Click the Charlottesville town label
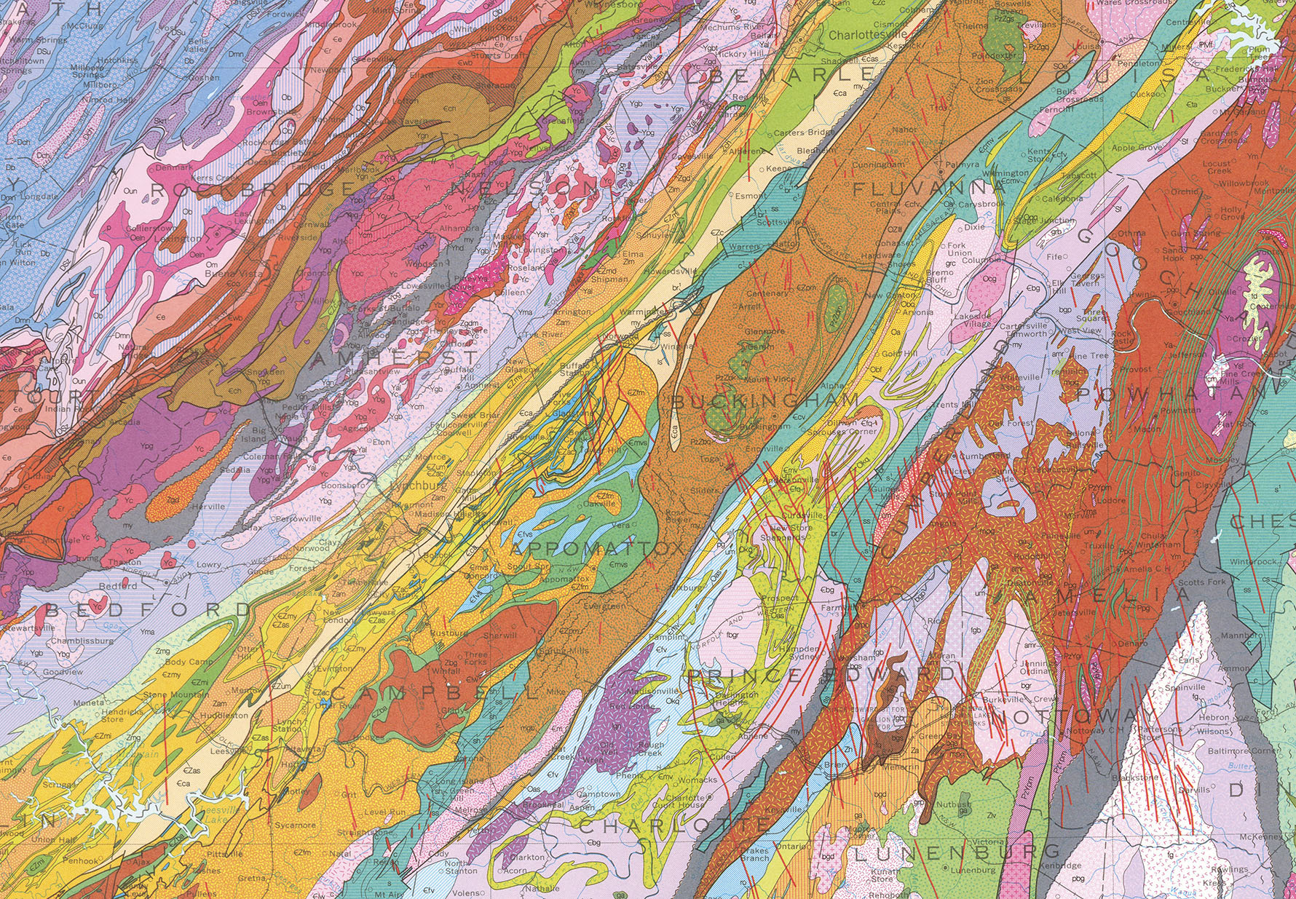point(867,34)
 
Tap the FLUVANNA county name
point(929,189)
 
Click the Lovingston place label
point(547,250)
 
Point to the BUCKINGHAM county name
point(764,402)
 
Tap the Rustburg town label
point(448,633)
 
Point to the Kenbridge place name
point(1061,866)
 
